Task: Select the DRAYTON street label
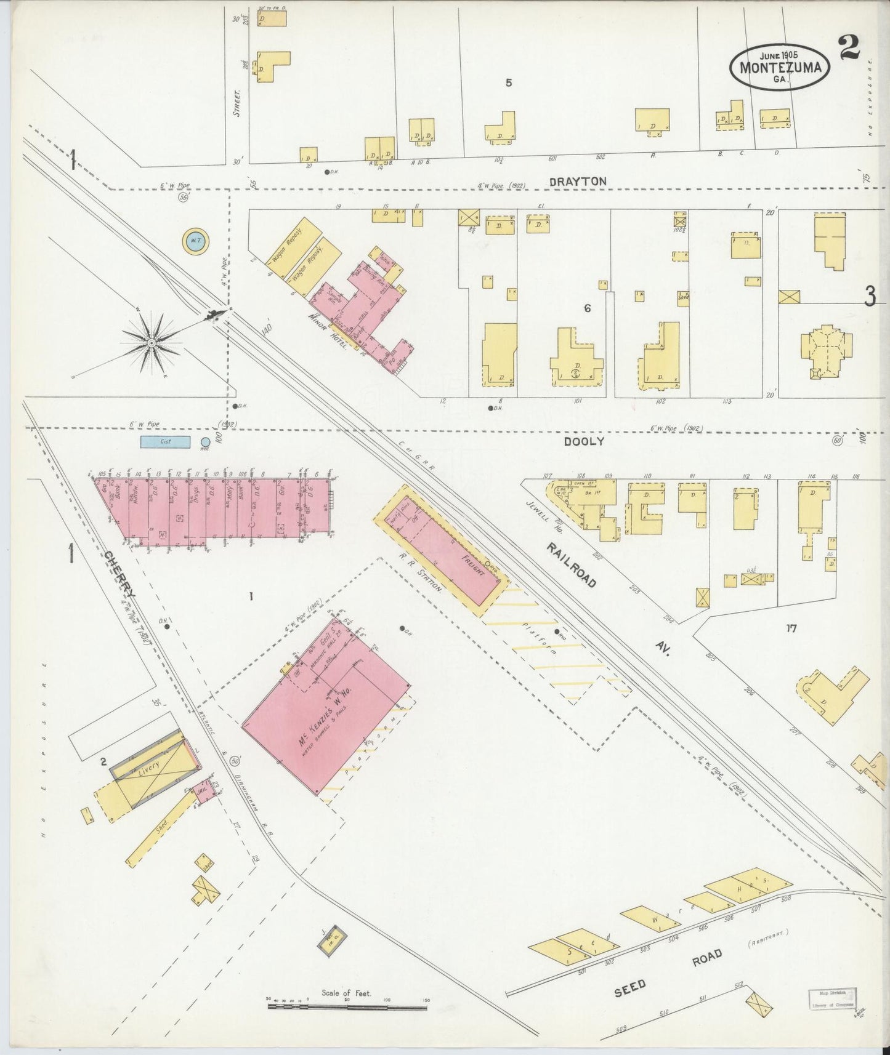[x=578, y=182]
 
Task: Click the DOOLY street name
[x=584, y=441]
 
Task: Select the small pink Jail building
[x=202, y=790]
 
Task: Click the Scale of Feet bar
[x=347, y=1006]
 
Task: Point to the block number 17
[x=791, y=628]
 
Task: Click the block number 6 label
[x=587, y=308]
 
